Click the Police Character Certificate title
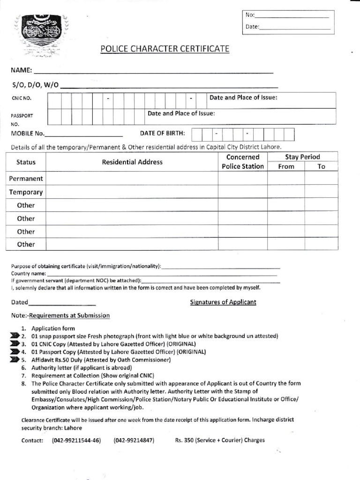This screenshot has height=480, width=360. [x=165, y=49]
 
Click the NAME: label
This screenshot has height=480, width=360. [x=22, y=70]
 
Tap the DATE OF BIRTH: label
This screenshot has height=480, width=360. [x=162, y=133]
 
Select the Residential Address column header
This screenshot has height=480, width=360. [x=132, y=162]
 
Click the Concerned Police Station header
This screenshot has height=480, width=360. [x=243, y=162]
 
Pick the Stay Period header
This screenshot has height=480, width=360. [x=302, y=157]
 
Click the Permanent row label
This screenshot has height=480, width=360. [x=26, y=179]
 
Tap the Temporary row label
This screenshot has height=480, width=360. [x=26, y=192]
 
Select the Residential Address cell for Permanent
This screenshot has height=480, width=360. [x=132, y=179]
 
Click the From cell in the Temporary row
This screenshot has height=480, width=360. [x=286, y=192]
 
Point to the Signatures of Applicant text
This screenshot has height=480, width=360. [x=223, y=302]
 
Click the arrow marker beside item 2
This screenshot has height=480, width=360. [x=14, y=336]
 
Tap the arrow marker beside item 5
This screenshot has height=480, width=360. [x=14, y=360]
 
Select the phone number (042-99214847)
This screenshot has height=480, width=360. [x=134, y=440]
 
